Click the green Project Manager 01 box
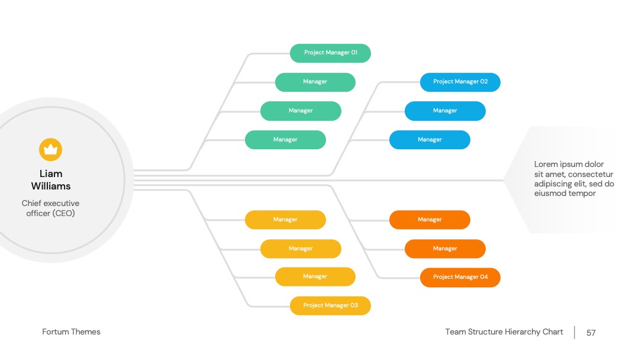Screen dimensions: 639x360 pos(331,53)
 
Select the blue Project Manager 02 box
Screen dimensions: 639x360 pos(460,82)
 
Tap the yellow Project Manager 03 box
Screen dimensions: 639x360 pos(331,306)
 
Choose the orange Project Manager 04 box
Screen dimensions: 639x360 pos(460,277)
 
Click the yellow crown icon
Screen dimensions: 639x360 pos(50,150)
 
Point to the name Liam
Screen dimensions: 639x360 pos(51,173)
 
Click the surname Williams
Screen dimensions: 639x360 pos(51,187)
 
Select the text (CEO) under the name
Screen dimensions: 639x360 pos(63,213)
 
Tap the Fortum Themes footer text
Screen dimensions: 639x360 pos(72,332)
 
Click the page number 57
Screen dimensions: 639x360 pos(591,333)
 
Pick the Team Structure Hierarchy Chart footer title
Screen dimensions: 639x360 pos(504,332)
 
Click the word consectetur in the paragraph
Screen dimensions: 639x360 pos(590,174)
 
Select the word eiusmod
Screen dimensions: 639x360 pos(549,193)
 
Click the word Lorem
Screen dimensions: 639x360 pos(546,164)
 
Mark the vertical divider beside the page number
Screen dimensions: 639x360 pos(575,332)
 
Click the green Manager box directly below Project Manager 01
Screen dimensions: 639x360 pos(315,82)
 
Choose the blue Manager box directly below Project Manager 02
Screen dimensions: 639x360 pos(445,111)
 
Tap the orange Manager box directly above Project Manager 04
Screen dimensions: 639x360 pos(445,249)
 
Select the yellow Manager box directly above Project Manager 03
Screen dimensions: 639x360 pos(315,277)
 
